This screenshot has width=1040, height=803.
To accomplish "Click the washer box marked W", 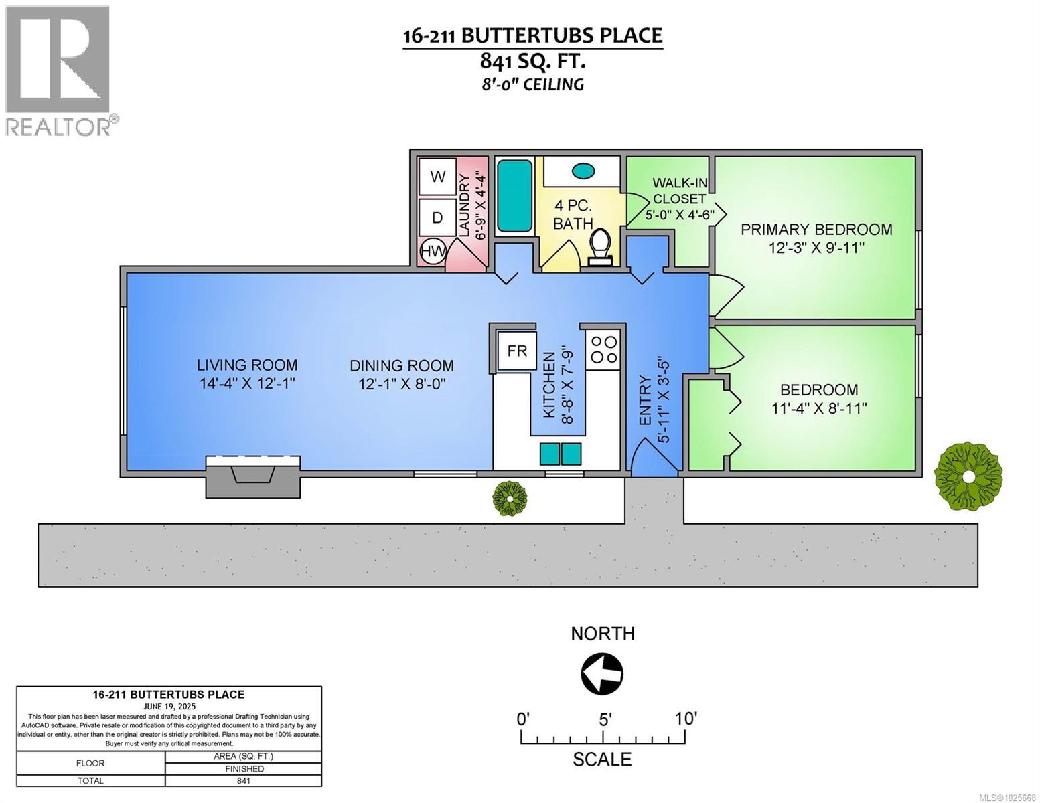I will [x=437, y=176].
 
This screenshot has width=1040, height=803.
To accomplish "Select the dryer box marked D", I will [x=437, y=217].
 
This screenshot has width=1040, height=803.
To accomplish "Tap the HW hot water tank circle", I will [x=433, y=252].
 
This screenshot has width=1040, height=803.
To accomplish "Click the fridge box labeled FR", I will [x=517, y=349].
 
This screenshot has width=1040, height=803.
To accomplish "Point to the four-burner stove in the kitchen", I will [x=603, y=349].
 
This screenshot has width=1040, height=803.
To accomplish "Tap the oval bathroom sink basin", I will [x=583, y=171].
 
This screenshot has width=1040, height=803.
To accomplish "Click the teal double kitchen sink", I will [x=561, y=454].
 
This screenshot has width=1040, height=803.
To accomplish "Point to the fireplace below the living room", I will [x=252, y=476].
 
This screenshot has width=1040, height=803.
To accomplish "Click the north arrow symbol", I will [x=603, y=673].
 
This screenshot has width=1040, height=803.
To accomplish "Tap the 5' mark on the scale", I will [x=604, y=720].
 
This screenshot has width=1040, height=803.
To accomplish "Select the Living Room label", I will [x=246, y=365].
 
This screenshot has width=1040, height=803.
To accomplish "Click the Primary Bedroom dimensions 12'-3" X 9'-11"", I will [x=816, y=247].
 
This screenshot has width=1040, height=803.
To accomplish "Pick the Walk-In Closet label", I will [x=679, y=191].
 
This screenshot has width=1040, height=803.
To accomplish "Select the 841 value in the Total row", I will [x=243, y=780].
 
